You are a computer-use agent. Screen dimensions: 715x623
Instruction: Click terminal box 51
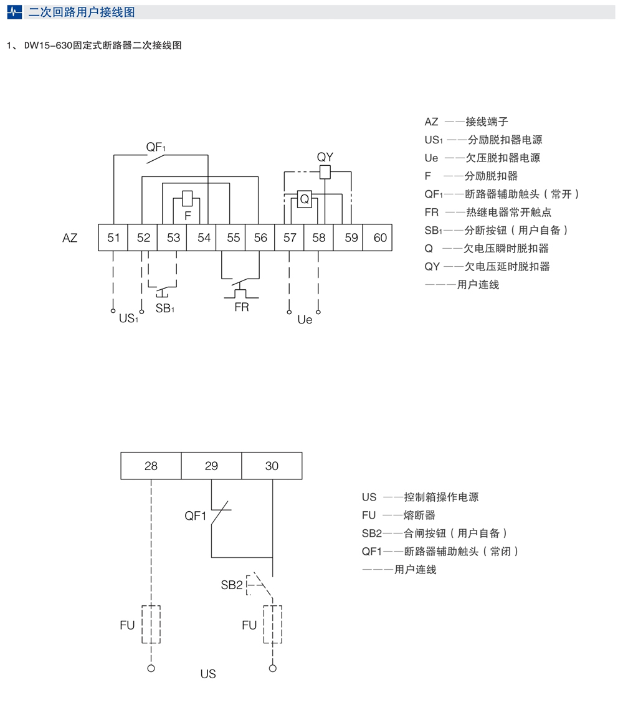pyautogui.click(x=113, y=238)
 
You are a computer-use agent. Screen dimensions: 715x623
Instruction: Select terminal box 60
pyautogui.click(x=379, y=238)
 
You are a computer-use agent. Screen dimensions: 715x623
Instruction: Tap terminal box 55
pyautogui.click(x=234, y=238)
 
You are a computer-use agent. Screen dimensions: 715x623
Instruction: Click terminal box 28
pyautogui.click(x=151, y=466)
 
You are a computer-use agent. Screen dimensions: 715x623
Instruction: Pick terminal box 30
pyautogui.click(x=272, y=466)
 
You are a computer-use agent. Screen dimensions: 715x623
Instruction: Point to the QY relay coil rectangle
pyautogui.click(x=325, y=173)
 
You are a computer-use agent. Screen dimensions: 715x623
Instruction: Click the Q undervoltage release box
pyautogui.click(x=304, y=199)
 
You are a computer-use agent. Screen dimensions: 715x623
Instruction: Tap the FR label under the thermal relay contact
pyautogui.click(x=241, y=307)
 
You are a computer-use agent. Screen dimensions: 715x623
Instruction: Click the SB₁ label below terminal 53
pyautogui.click(x=165, y=309)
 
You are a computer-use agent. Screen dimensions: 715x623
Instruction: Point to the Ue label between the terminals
pyautogui.click(x=305, y=320)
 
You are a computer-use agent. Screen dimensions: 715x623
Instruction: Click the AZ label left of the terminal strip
pyautogui.click(x=70, y=238)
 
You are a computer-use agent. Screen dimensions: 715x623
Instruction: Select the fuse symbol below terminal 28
pyautogui.click(x=151, y=624)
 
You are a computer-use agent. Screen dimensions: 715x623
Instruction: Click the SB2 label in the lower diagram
pyautogui.click(x=231, y=585)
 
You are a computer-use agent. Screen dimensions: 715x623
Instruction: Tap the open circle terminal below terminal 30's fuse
pyautogui.click(x=272, y=668)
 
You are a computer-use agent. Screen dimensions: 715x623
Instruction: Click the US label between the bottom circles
pyautogui.click(x=208, y=674)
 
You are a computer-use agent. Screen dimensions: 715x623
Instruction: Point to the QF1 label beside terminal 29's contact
pyautogui.click(x=196, y=516)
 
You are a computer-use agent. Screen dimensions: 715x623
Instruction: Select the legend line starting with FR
pyautogui.click(x=488, y=212)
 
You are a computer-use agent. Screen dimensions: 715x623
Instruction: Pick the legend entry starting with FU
pyautogui.click(x=399, y=516)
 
